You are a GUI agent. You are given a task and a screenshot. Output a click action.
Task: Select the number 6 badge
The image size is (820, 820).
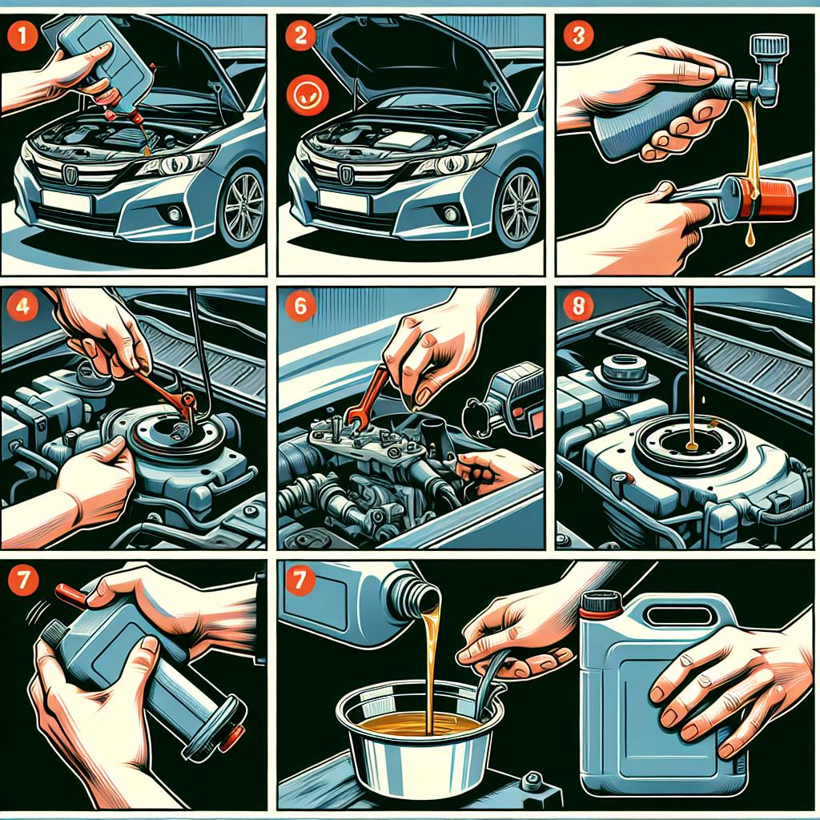tap(300, 305)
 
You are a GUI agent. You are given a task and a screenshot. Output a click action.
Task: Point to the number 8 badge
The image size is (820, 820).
tap(577, 305)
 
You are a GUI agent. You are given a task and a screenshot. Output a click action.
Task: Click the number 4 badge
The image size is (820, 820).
tap(22, 305)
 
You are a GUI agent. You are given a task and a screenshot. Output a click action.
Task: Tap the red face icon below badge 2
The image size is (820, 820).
tap(307, 94)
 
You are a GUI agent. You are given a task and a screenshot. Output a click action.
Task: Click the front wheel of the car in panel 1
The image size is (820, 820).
tap(242, 207)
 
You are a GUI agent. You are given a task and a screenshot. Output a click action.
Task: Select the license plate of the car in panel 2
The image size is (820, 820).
tap(344, 201)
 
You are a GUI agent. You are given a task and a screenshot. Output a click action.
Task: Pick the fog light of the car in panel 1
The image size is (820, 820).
tap(174, 213)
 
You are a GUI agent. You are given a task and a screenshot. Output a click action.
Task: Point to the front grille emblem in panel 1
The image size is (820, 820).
tap(70, 175)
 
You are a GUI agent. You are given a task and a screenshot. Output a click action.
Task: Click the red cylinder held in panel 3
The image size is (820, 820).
tap(767, 199)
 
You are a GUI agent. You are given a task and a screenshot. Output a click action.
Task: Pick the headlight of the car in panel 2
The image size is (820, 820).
tap(451, 164)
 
